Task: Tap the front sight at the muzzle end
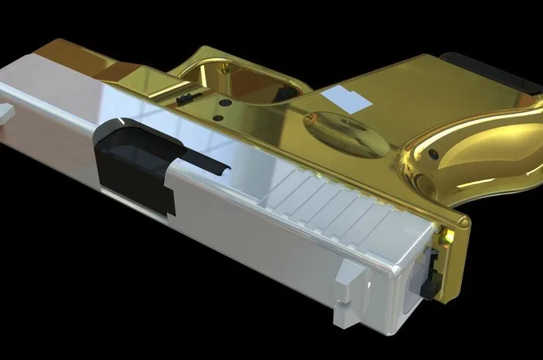pyautogui.click(x=7, y=113)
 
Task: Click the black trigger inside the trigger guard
pyautogui.click(x=185, y=98)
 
